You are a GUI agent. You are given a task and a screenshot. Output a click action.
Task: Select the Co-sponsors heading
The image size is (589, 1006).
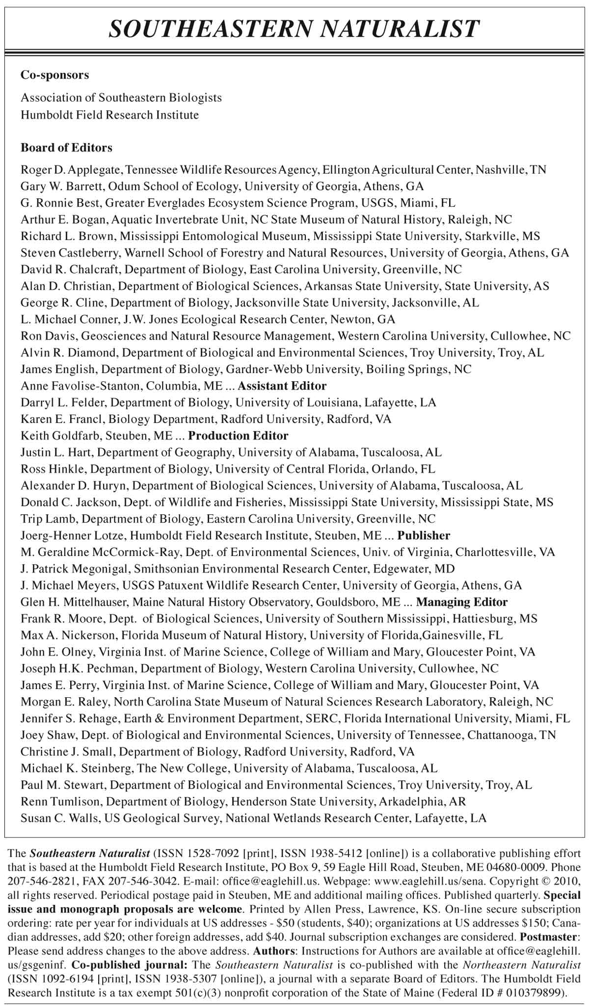click(x=54, y=75)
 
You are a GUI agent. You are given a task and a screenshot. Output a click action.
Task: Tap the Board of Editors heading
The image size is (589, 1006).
click(x=66, y=147)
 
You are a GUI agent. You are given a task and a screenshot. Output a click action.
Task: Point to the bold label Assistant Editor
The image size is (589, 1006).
click(x=282, y=386)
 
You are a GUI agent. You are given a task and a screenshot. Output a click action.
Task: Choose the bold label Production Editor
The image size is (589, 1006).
click(x=239, y=435)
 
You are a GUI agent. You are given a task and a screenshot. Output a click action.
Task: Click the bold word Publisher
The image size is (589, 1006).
click(x=424, y=535)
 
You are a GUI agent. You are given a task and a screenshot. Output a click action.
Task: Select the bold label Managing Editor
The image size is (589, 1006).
click(x=462, y=602)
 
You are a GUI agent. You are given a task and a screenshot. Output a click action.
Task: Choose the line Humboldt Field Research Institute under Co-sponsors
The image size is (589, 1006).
click(x=109, y=115)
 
